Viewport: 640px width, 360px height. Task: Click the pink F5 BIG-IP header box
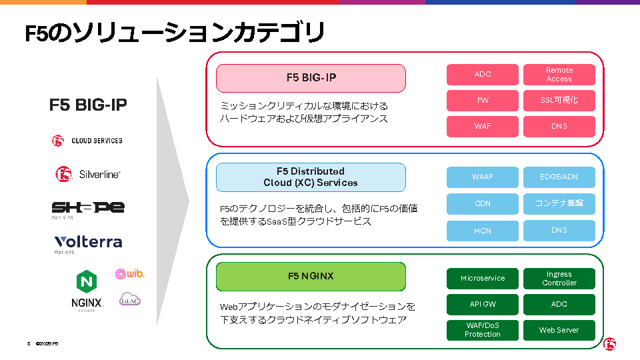[x=311, y=78]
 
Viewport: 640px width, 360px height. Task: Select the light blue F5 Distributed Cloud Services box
[x=311, y=177]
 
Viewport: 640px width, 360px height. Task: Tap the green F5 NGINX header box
[x=311, y=277]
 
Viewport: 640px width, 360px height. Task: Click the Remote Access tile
[x=559, y=75]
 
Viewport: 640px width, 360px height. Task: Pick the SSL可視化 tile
[x=559, y=100]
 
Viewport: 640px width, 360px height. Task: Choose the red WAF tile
[x=483, y=126]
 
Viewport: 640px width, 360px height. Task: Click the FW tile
[x=483, y=100]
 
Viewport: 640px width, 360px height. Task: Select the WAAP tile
[x=483, y=177]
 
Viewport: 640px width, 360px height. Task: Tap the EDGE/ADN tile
[x=559, y=177]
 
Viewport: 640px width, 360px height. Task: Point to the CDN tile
[x=483, y=203]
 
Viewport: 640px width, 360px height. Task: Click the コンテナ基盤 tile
[x=559, y=203]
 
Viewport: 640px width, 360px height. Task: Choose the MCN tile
[x=483, y=231]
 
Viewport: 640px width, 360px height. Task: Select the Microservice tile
[x=483, y=279]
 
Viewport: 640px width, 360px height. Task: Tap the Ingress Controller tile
[x=559, y=279]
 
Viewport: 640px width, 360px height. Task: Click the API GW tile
[x=483, y=305]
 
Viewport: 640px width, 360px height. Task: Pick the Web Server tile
[x=559, y=330]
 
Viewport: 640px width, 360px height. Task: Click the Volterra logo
[x=88, y=242]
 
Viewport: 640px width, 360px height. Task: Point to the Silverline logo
[x=88, y=174]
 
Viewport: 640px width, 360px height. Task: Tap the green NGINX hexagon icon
[x=87, y=281]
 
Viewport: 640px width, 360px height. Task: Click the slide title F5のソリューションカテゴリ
[x=175, y=33]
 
